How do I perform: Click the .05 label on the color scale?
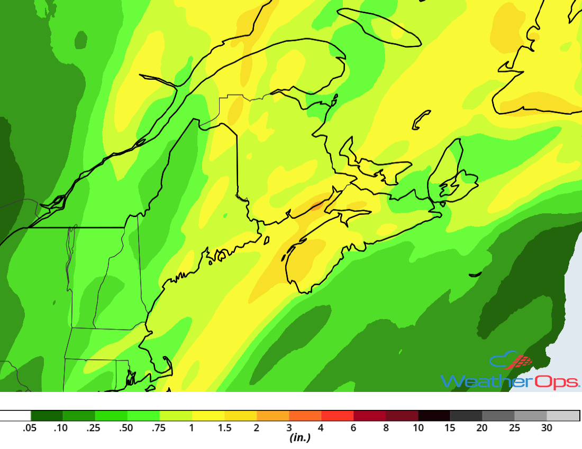pyautogui.click(x=29, y=428)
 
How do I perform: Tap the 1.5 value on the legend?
pyautogui.click(x=225, y=428)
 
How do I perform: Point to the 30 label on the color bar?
pyautogui.click(x=547, y=428)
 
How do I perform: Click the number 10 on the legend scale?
pyautogui.click(x=418, y=428)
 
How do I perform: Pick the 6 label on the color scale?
pyautogui.click(x=353, y=428)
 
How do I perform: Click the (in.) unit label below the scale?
pyautogui.click(x=299, y=438)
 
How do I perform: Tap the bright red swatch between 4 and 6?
pyautogui.click(x=338, y=416)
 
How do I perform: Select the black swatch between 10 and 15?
pyautogui.click(x=434, y=416)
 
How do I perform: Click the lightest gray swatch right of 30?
pyautogui.click(x=563, y=416)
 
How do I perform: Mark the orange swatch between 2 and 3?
pyautogui.click(x=273, y=416)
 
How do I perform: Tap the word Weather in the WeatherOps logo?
pyautogui.click(x=476, y=380)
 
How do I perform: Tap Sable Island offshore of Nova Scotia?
pyautogui.click(x=475, y=274)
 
